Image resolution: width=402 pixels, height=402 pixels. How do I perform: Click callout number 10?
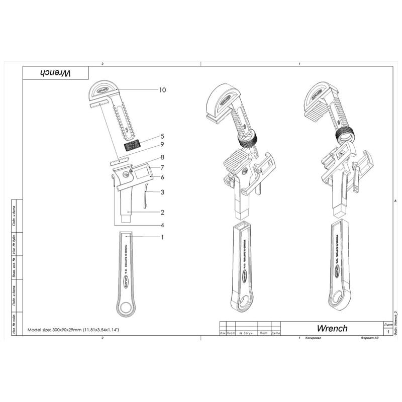[x=162, y=90]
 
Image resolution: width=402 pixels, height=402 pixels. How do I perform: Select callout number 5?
[x=162, y=136]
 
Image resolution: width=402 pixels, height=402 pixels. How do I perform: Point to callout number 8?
[x=162, y=157]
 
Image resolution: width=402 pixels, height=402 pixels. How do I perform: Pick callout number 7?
[x=162, y=167]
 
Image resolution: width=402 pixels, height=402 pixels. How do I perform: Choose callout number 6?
[x=162, y=177]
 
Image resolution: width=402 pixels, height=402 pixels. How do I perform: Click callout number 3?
[x=162, y=192]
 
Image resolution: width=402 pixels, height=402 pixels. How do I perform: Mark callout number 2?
[x=162, y=213]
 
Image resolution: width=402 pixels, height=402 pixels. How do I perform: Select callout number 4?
[x=162, y=224]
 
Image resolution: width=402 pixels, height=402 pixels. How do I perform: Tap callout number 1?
[x=162, y=237]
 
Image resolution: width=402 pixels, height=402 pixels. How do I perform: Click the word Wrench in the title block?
[x=332, y=328]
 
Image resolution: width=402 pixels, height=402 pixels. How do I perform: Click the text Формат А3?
[x=369, y=338]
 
